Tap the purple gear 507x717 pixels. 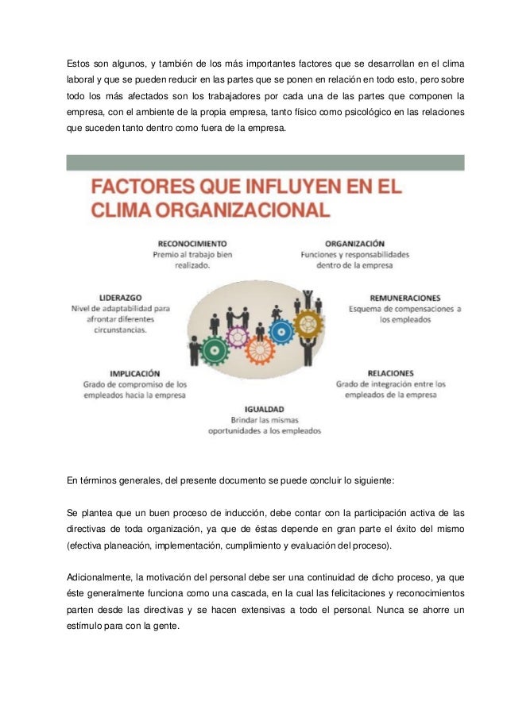click(238, 337)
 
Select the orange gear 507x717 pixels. click(260, 349)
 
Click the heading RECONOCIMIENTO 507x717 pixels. click(192, 243)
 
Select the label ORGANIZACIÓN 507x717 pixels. click(354, 243)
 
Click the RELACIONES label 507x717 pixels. click(390, 372)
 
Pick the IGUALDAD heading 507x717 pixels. click(263, 408)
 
